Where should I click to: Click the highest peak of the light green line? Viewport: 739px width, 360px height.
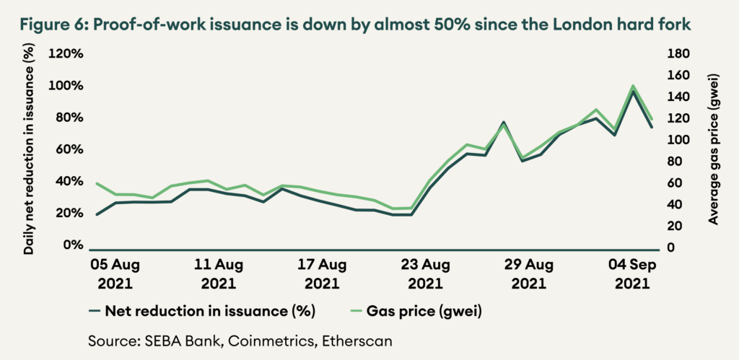tap(633, 86)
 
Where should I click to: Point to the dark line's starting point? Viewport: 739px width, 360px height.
tap(97, 214)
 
